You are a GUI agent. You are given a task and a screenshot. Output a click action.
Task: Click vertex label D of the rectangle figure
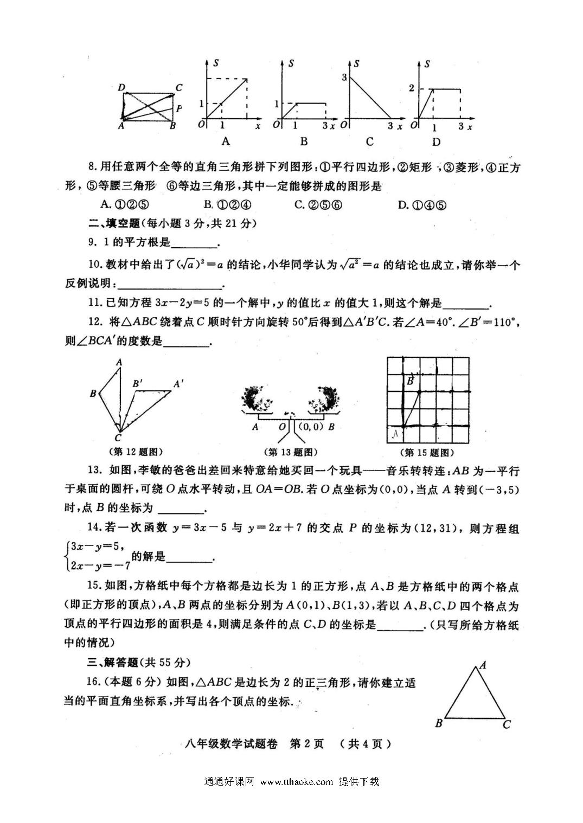(121, 88)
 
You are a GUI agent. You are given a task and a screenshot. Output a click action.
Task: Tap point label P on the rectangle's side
(179, 108)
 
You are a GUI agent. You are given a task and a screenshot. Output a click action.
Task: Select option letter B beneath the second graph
(304, 142)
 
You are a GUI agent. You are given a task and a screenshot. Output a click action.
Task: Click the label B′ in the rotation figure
(138, 383)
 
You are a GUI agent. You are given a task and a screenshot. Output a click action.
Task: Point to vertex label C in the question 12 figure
(118, 438)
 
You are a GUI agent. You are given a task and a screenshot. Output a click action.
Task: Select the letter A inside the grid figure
(395, 433)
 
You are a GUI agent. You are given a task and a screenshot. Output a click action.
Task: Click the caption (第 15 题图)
(426, 452)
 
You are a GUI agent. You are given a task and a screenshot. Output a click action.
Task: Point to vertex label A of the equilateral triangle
(482, 665)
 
